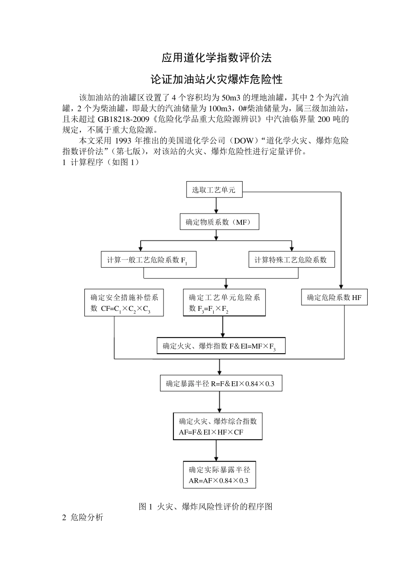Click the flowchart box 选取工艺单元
tap(214, 190)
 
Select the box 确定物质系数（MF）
tap(219, 222)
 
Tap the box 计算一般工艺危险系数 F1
tap(148, 260)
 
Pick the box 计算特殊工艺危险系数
tap(291, 259)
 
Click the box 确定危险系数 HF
tap(334, 297)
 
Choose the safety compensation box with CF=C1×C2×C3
tap(124, 303)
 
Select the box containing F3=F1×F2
tap(224, 303)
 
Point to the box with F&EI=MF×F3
tap(221, 346)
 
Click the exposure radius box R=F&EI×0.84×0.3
tap(221, 383)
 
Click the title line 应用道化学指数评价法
tap(216, 57)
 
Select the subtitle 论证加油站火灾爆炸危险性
tap(216, 80)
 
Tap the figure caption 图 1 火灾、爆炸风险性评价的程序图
tap(205, 507)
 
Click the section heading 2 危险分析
tap(83, 517)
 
